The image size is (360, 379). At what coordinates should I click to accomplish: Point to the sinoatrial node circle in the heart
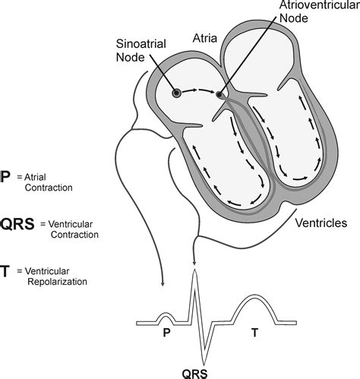point(176,93)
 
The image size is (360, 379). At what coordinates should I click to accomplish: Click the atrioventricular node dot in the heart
point(219,95)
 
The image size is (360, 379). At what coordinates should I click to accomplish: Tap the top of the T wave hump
point(255,297)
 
